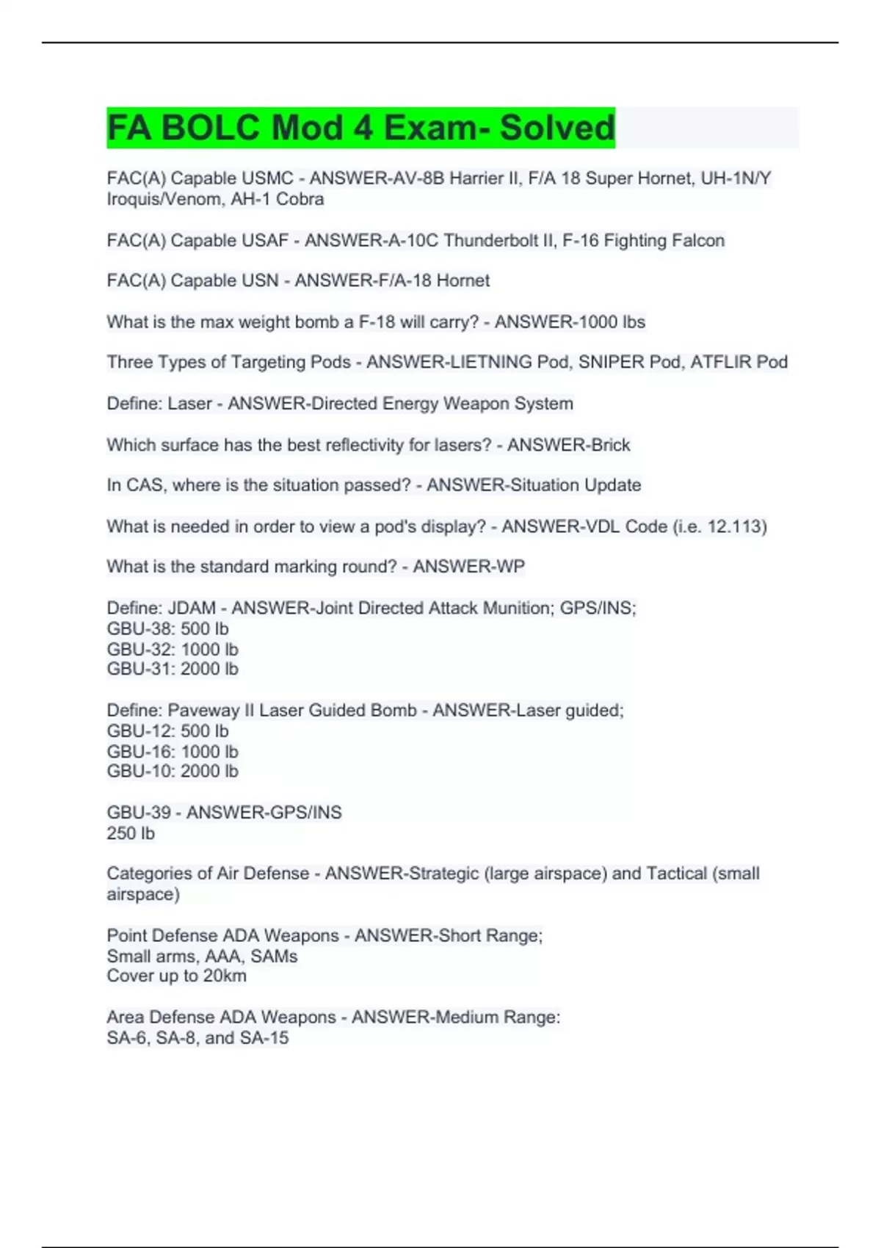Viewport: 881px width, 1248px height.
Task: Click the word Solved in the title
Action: coord(556,128)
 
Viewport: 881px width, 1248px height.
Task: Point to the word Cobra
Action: coord(300,199)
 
